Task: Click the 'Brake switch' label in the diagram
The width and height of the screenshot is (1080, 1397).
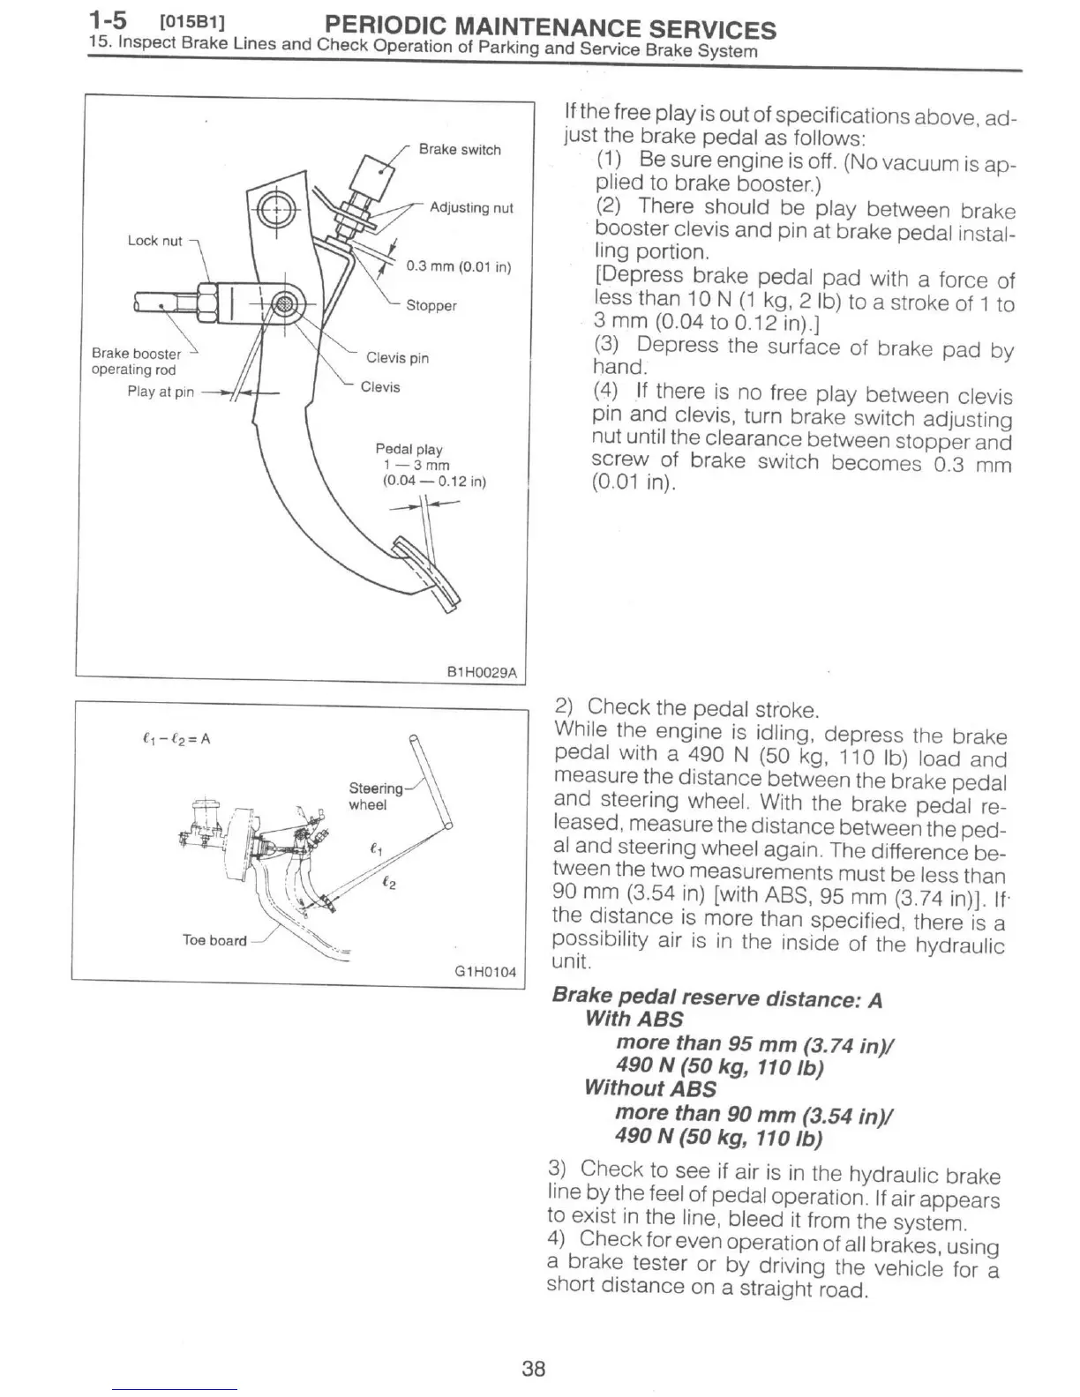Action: (x=459, y=150)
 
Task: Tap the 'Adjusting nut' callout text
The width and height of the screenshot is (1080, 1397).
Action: (x=470, y=208)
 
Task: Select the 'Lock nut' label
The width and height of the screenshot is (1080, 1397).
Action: (x=155, y=241)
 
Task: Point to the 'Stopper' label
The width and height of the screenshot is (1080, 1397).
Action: (x=431, y=306)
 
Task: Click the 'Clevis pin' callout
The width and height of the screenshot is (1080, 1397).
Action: (x=397, y=358)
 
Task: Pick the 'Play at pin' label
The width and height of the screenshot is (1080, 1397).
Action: (x=161, y=392)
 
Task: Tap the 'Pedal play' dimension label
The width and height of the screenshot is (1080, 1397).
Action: (x=409, y=450)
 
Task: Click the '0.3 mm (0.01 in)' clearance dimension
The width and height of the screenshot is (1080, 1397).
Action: (x=458, y=267)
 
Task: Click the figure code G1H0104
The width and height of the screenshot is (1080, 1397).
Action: (x=484, y=972)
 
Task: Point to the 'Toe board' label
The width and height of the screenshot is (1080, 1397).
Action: (x=214, y=940)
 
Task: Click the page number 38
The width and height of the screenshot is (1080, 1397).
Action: (x=534, y=1369)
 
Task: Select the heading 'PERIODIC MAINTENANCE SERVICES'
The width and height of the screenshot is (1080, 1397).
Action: (x=551, y=28)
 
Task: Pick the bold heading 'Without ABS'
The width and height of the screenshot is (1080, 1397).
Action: (x=650, y=1088)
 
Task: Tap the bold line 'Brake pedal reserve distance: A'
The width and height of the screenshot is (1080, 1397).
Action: (x=716, y=997)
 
